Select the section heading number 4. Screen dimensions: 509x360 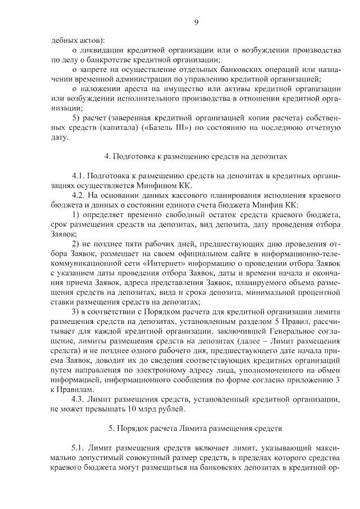tap(107, 156)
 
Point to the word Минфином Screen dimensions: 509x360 tap(164, 185)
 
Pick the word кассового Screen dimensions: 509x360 tap(183, 195)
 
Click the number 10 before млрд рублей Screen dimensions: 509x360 tap(133, 409)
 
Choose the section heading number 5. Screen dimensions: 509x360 tap(111, 429)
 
